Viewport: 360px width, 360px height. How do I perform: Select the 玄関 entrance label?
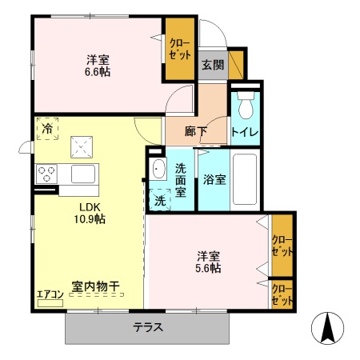click(x=212, y=65)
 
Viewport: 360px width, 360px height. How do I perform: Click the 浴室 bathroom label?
click(x=214, y=179)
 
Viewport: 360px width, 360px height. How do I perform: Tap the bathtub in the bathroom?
click(x=246, y=179)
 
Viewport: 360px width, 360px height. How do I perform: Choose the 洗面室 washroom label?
click(x=181, y=179)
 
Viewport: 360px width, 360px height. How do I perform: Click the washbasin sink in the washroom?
click(x=157, y=169)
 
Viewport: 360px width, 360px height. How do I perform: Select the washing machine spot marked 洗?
click(x=159, y=200)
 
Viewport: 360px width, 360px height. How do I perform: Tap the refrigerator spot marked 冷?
click(x=47, y=128)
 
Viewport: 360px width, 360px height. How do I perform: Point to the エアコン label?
click(x=50, y=293)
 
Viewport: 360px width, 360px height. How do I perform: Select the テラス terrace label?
click(x=148, y=327)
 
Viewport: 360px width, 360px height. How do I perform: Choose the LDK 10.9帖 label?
click(x=90, y=212)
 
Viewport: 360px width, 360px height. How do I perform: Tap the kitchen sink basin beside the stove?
click(x=82, y=174)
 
